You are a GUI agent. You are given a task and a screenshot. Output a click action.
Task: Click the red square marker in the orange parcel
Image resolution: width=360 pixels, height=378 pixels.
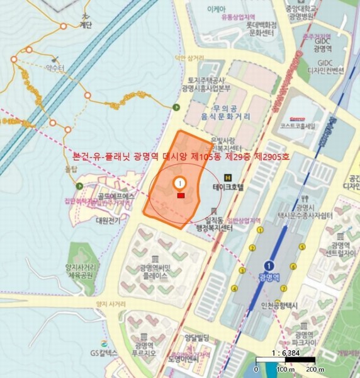[x=181, y=196]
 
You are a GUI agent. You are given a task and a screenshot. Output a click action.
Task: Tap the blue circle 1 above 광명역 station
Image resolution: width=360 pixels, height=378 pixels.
[x=271, y=265]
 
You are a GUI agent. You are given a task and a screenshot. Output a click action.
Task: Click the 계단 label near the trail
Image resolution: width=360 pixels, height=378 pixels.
[x=86, y=25]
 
